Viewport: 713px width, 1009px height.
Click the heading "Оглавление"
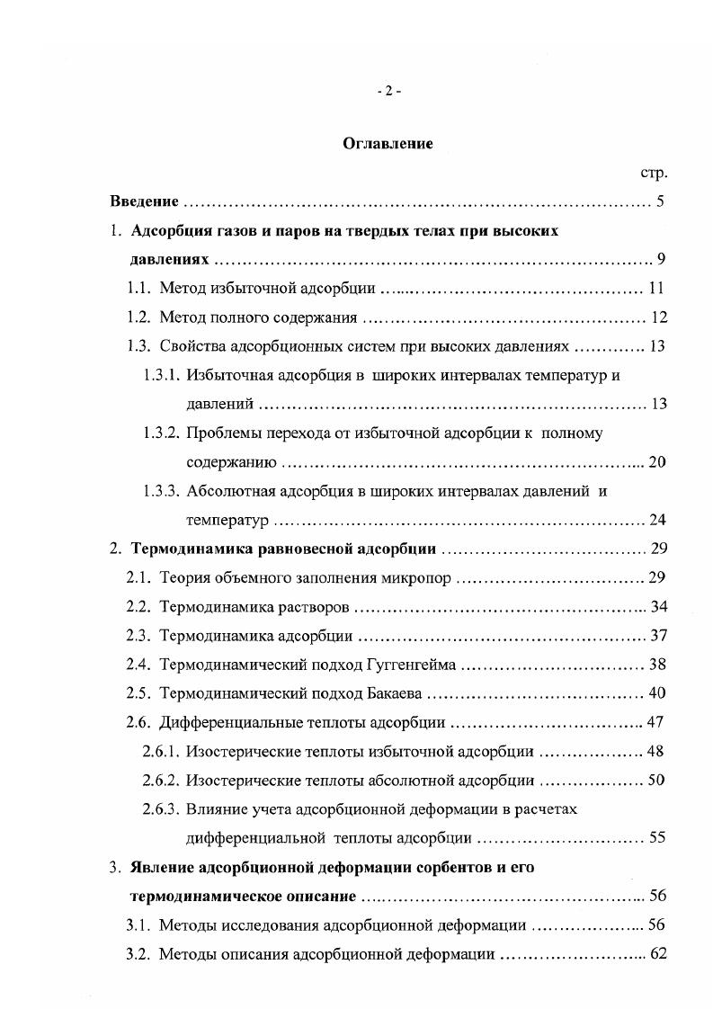[388, 144]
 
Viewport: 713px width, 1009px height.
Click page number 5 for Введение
[660, 201]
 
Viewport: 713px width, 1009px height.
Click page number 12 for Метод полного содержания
[657, 317]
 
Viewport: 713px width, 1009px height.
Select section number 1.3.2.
[161, 433]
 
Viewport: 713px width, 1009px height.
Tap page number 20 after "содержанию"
[657, 462]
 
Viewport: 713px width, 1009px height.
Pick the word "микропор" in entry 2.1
[421, 577]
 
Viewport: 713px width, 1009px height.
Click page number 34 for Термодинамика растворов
[657, 607]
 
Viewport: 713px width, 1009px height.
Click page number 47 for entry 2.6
[657, 722]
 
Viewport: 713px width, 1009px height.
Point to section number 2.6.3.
[161, 808]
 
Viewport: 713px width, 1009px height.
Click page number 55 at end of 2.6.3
[657, 838]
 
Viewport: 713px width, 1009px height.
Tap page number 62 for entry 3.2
[657, 954]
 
